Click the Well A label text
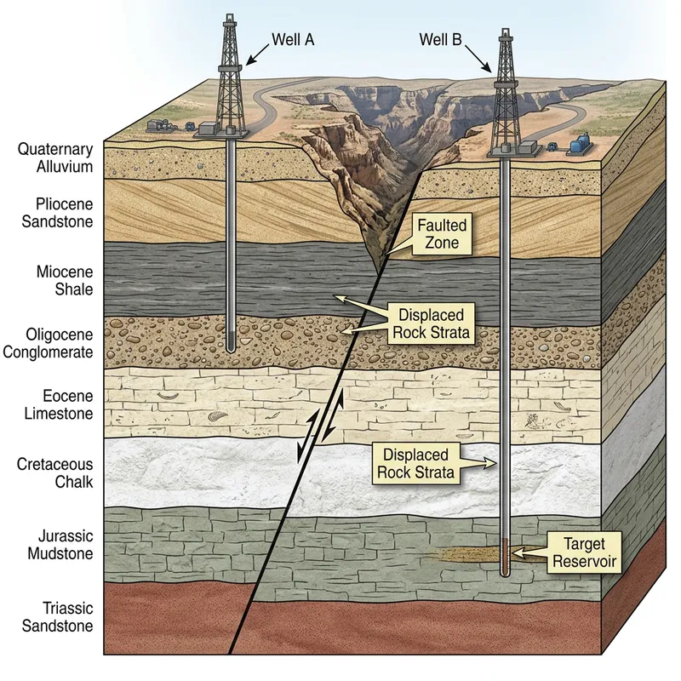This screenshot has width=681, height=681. [x=293, y=39]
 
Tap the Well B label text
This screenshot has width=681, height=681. [x=441, y=39]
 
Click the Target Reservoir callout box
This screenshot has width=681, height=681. [x=583, y=551]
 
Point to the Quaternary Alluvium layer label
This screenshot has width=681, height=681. [x=54, y=157]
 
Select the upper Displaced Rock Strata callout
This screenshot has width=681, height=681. [x=429, y=323]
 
